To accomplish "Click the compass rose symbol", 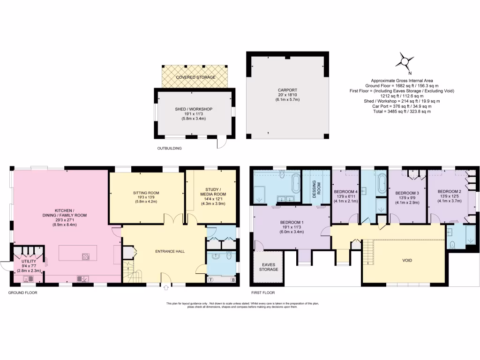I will (x=405, y=61).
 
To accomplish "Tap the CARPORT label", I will (x=287, y=90).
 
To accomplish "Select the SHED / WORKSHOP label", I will (x=194, y=109).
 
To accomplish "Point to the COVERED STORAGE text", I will (x=195, y=77).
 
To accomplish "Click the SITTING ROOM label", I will (x=146, y=192).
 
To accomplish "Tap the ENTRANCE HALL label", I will (x=169, y=251).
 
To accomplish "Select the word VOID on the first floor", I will (x=407, y=260).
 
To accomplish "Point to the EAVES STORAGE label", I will (x=269, y=267).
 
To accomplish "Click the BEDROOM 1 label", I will (x=292, y=222).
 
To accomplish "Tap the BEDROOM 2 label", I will (x=449, y=192).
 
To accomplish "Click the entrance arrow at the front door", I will (x=166, y=287).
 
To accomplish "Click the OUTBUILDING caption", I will (x=169, y=148).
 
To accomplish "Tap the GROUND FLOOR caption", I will (x=23, y=292).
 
